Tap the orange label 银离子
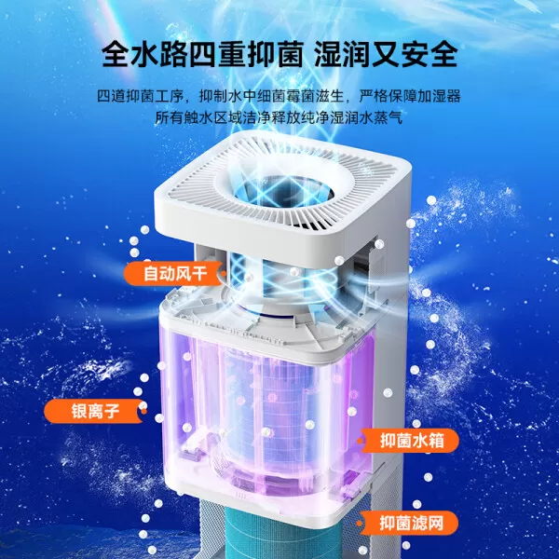pyautogui.click(x=90, y=411)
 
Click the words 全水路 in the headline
pyautogui.click(x=150, y=53)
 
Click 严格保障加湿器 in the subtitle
pyautogui.click(x=408, y=98)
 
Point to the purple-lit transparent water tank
pyautogui.click(x=270, y=401)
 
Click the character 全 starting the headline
pyautogui.click(x=116, y=53)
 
